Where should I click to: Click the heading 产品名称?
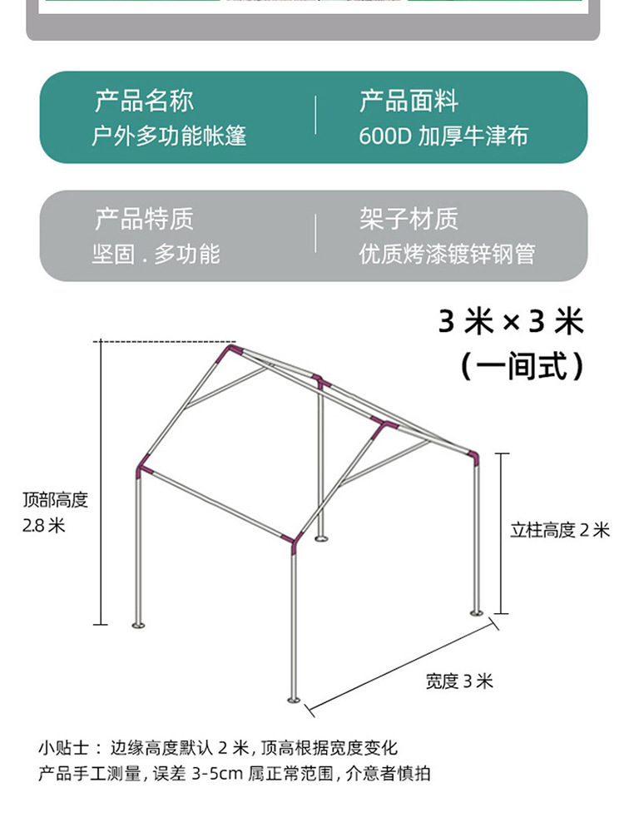(x=144, y=102)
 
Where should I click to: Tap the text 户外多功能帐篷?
(x=169, y=136)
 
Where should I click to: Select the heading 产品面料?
(x=409, y=102)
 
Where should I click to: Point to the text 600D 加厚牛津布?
(x=443, y=136)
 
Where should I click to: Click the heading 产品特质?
(x=144, y=220)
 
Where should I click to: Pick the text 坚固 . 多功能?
(x=156, y=254)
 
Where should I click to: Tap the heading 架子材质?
(x=409, y=220)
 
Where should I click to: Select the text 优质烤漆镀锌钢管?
(x=448, y=254)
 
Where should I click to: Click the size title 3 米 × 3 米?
(x=511, y=321)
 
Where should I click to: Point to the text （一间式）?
(x=522, y=365)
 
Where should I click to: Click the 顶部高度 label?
(x=55, y=500)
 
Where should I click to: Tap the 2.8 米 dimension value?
(x=43, y=526)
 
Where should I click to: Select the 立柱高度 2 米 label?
(x=559, y=530)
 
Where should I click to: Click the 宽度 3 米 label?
(x=459, y=681)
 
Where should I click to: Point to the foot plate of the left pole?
(x=138, y=625)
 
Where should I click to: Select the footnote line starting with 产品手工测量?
(x=235, y=774)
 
